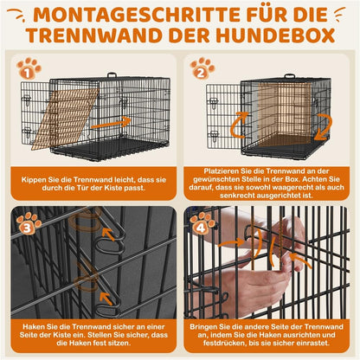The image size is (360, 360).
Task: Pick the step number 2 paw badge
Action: click(203, 69)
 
